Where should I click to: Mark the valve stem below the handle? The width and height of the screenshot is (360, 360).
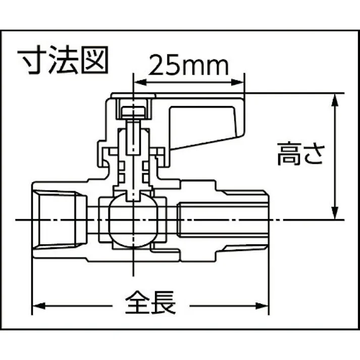[x=133, y=162]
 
